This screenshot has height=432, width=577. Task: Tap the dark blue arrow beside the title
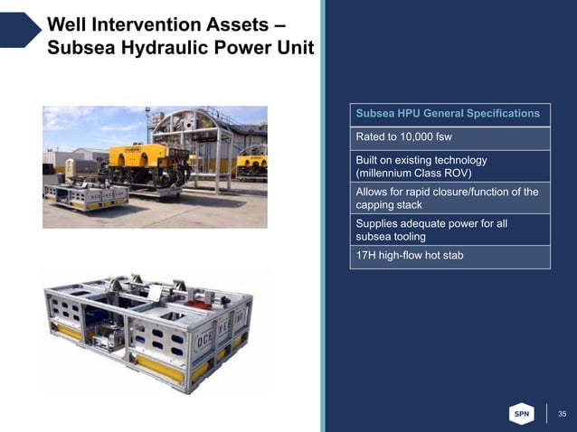click(x=20, y=30)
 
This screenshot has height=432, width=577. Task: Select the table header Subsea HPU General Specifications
click(x=448, y=114)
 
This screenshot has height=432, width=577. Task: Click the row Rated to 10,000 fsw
click(x=448, y=137)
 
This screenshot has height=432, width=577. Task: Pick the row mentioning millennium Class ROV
click(x=448, y=165)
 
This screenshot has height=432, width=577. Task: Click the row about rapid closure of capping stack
click(x=448, y=198)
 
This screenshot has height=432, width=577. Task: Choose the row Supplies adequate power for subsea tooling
click(x=448, y=230)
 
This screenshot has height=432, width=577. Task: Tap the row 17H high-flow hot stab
click(x=448, y=257)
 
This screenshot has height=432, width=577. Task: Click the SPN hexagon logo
click(x=522, y=413)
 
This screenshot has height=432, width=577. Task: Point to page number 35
click(x=562, y=414)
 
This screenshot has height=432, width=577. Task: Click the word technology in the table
click(x=456, y=159)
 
